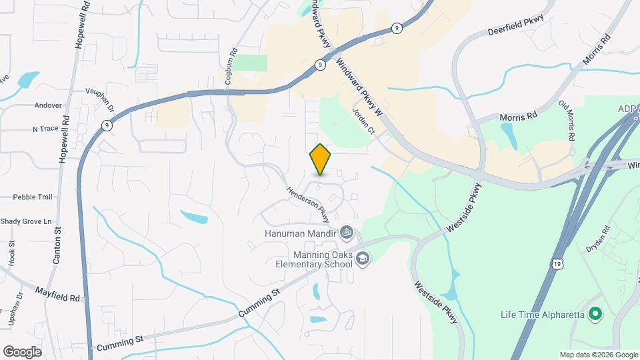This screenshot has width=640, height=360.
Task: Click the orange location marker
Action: coord(320,159)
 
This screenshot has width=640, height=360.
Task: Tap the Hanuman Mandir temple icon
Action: coord(345,233)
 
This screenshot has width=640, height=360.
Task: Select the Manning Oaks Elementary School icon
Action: coord(362,258)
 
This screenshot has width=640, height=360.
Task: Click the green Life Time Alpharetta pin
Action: coord(597,313)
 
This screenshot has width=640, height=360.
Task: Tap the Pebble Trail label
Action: coord(32,197)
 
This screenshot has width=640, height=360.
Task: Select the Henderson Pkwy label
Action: coord(308,204)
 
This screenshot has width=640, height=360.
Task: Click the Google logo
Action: coord(22,351)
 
